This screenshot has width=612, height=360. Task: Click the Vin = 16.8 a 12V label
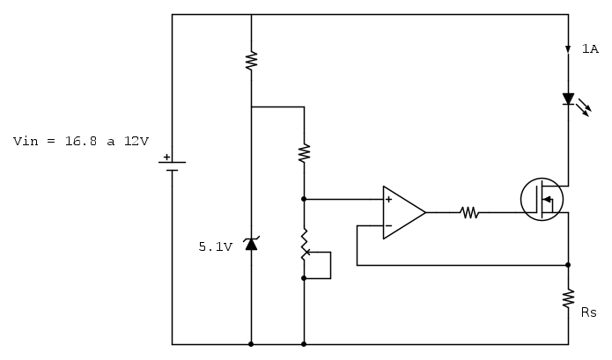point(81,141)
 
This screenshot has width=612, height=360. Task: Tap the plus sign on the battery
point(166,157)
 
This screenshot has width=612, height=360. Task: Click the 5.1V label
point(215,247)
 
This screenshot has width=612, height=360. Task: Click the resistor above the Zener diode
point(251,60)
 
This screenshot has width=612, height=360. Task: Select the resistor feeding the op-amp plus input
point(304,152)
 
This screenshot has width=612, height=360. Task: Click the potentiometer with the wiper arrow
point(305,245)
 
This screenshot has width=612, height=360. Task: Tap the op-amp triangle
point(403,212)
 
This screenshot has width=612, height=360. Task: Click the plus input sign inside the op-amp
point(388,200)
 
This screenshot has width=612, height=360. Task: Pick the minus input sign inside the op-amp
point(388,225)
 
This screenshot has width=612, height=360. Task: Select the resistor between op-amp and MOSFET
point(468,212)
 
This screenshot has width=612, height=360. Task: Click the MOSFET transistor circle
point(541,199)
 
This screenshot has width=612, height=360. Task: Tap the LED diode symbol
point(568,99)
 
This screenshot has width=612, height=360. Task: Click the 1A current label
point(590,49)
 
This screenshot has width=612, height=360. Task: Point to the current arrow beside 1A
point(568,49)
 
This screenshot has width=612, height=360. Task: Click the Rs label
point(589,312)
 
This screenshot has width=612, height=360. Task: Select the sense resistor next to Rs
point(568,298)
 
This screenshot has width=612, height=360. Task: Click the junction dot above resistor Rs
point(568,264)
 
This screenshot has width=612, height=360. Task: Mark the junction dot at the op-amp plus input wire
point(304,199)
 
